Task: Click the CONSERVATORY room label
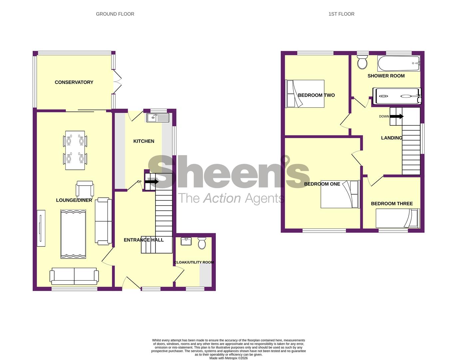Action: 74,82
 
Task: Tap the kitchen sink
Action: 158,118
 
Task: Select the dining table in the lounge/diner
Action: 75,150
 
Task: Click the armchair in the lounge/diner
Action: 85,189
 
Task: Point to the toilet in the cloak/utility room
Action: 202,243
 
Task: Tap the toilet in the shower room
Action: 362,62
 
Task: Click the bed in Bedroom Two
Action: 305,94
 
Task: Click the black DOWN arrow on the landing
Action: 397,116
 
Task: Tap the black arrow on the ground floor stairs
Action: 152,182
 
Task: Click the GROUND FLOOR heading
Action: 115,14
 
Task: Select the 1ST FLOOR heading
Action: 341,14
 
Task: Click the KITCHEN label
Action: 144,141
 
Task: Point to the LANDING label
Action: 391,138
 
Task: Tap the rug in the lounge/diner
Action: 73,234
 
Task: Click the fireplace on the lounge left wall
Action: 41,228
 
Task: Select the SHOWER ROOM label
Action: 386,76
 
